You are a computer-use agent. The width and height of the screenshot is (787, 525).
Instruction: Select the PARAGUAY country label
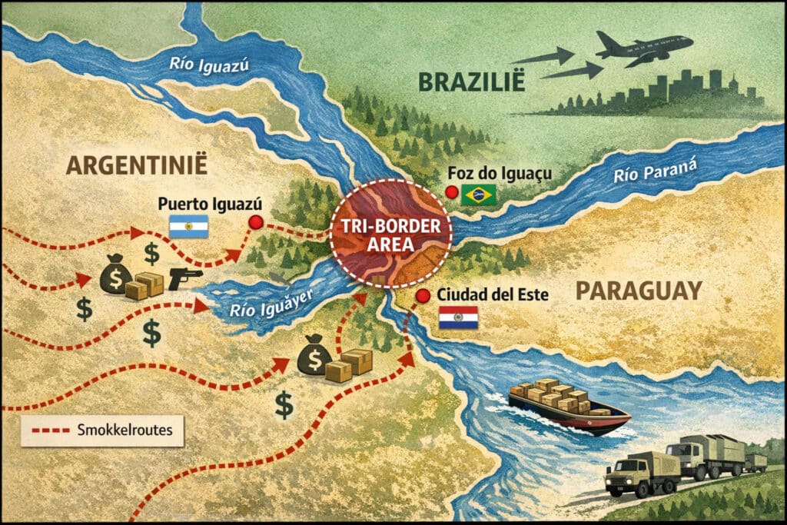(x=639, y=290)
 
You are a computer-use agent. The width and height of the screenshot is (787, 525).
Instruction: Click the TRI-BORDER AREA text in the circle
(x=390, y=234)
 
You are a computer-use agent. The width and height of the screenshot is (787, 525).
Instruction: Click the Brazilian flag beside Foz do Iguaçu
(x=478, y=195)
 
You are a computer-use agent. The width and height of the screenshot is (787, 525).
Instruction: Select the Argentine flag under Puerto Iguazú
(x=188, y=226)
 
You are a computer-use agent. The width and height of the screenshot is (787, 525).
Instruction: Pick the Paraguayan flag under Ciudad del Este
(x=458, y=317)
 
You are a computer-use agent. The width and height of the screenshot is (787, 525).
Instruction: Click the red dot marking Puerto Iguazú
(x=255, y=223)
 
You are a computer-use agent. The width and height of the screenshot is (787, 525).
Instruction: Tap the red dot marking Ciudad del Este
(x=422, y=297)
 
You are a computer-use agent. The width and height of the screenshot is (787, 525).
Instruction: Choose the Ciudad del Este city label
(x=489, y=295)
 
